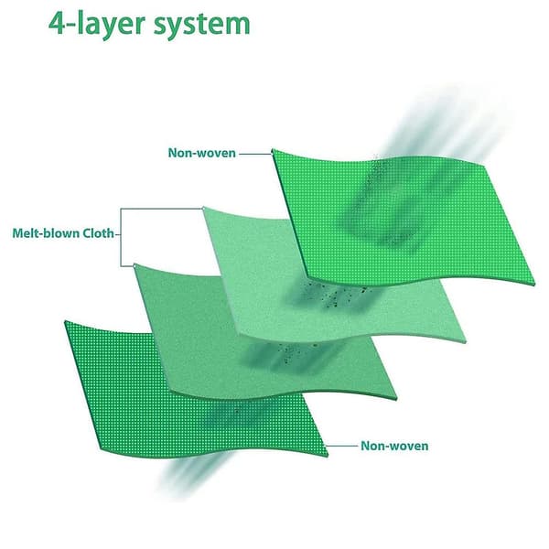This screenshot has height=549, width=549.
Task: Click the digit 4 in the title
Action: click(x=56, y=24)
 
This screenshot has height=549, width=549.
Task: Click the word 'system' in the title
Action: click(x=202, y=27)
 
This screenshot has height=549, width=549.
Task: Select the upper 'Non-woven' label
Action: click(x=201, y=153)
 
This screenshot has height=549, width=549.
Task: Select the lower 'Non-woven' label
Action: click(x=394, y=446)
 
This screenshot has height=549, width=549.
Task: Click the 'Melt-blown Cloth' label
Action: click(x=63, y=233)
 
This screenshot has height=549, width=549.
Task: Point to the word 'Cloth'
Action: click(x=99, y=233)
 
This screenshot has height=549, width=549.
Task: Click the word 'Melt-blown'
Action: click(x=46, y=233)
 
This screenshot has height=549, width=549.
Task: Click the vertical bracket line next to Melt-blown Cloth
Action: click(x=121, y=237)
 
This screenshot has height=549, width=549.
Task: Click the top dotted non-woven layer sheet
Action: click(x=403, y=217)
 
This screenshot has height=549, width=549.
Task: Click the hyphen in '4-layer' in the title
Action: click(x=70, y=27)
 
